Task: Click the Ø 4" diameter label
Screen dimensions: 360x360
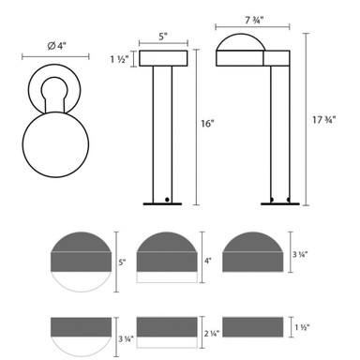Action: pos(57,46)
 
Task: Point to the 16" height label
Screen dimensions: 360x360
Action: pos(208,124)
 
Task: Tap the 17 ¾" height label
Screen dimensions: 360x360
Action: pos(324,120)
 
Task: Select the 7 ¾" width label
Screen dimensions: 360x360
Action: pos(254,20)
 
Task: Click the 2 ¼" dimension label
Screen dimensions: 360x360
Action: pos(212,333)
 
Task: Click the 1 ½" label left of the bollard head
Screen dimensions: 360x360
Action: pos(119,59)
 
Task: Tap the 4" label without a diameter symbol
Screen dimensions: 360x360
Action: pos(208,261)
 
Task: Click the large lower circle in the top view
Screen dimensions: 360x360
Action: pos(55,144)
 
